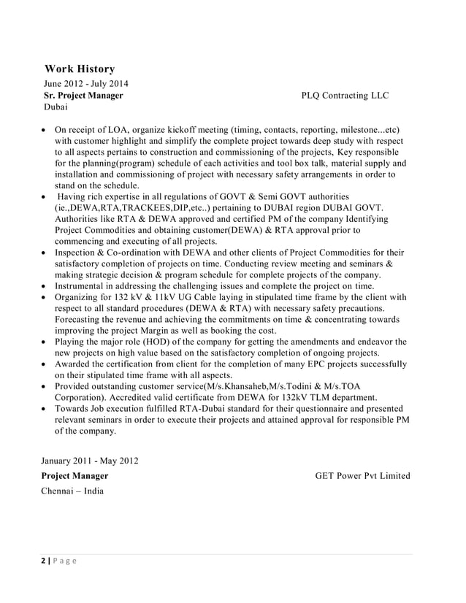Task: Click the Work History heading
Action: click(x=80, y=69)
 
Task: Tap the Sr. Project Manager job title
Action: click(x=84, y=95)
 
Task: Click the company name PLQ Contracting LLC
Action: click(x=345, y=96)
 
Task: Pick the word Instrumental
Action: click(x=83, y=286)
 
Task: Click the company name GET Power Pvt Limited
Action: click(x=362, y=476)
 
